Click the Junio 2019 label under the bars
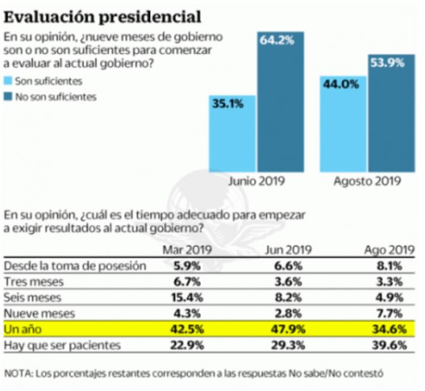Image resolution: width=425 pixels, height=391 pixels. (x=256, y=182)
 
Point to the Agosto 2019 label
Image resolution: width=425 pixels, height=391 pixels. (x=368, y=182)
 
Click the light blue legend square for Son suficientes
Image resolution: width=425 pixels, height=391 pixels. (x=8, y=81)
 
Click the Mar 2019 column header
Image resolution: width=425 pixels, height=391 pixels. (x=187, y=250)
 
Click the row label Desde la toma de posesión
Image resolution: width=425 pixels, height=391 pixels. (x=75, y=266)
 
